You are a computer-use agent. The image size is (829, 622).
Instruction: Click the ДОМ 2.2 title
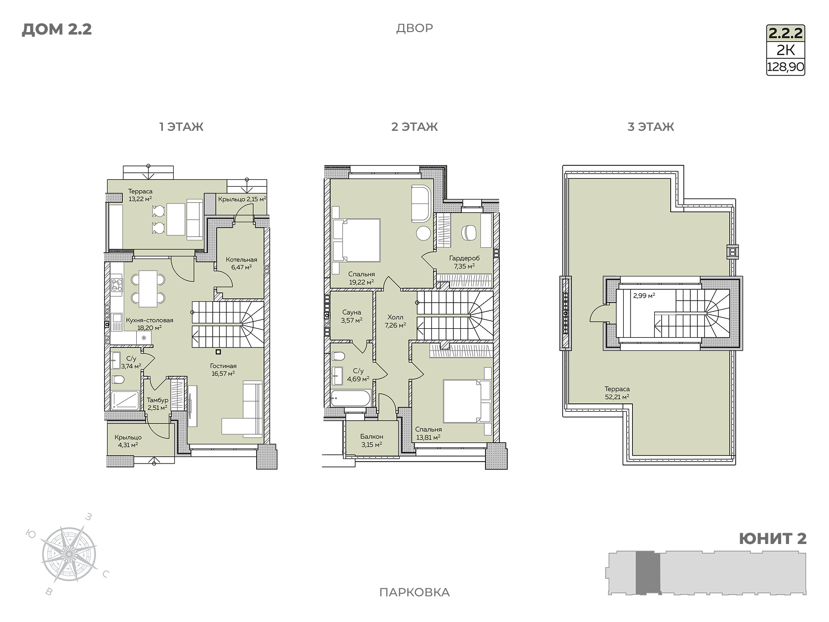pos(57,30)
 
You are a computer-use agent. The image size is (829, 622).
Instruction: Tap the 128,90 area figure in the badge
pos(786,67)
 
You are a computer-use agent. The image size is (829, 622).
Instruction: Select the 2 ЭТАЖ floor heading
pos(414,126)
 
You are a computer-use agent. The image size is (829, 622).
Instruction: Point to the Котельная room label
pos(241,260)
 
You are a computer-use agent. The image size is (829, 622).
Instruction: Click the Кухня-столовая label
pos(150,320)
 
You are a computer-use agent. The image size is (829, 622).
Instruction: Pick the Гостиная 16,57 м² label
pos(223,369)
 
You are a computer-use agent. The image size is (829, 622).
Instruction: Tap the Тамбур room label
pos(157,400)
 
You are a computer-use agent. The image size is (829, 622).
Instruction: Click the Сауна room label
pos(352,312)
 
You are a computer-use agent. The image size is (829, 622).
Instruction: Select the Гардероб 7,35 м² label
pos(464,262)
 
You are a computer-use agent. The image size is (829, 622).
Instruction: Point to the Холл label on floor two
pos(395,317)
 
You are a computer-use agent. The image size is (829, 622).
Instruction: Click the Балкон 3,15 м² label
pos(372,440)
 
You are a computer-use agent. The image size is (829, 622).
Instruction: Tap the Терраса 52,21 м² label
pos(617,393)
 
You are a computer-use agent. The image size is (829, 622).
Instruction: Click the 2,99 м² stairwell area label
pos(644,296)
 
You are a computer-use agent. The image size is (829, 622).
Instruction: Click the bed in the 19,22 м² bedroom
pos(356,240)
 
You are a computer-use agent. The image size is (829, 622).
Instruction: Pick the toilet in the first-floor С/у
pos(118,379)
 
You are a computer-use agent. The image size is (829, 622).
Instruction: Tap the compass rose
pos(69,554)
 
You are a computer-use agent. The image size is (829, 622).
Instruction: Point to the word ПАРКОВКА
pos(414,592)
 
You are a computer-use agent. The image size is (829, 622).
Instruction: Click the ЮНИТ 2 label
pos(772,539)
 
